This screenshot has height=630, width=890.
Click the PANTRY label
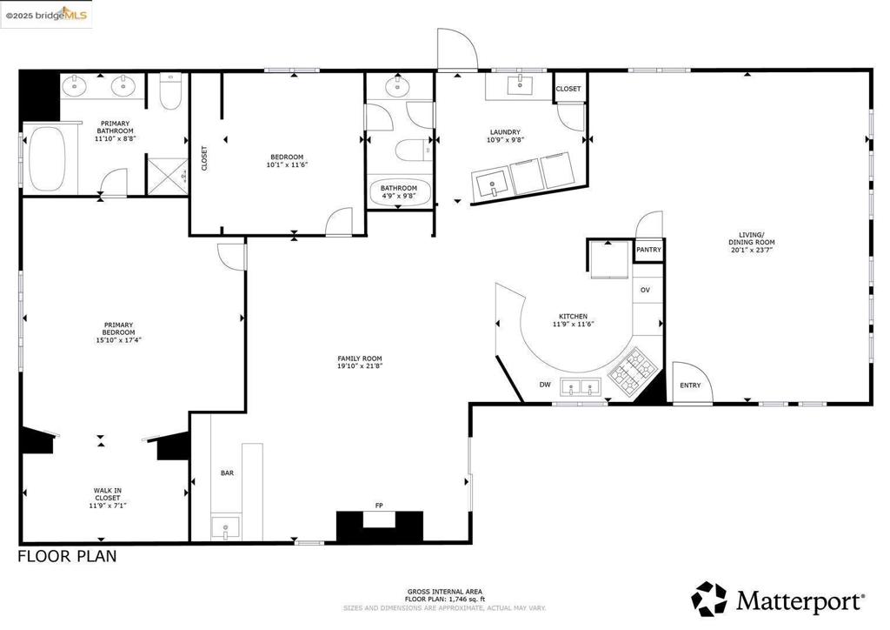[x=648, y=250]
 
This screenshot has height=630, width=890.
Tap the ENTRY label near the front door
[x=690, y=385]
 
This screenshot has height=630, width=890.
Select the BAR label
[x=227, y=473]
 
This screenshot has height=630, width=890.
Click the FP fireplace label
[x=379, y=505]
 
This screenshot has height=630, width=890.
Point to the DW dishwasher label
[x=545, y=385]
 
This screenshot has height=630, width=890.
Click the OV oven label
[x=646, y=291]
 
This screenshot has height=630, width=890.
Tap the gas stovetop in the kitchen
[x=634, y=372]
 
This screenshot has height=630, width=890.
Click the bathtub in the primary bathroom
[x=47, y=159]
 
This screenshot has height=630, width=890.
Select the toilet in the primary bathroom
[x=169, y=91]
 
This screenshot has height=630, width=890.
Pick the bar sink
[x=225, y=527]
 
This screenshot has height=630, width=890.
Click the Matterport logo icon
[x=709, y=599]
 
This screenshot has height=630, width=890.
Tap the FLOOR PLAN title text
[x=67, y=556]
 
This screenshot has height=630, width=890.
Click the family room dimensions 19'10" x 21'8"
[x=360, y=365]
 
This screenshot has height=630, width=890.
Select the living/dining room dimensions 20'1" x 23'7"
[x=752, y=250]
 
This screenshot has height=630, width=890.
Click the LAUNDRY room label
[x=505, y=132]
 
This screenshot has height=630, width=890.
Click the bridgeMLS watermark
[x=46, y=15]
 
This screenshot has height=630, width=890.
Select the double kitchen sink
[x=581, y=388]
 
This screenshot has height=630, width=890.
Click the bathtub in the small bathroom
[x=398, y=191]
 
